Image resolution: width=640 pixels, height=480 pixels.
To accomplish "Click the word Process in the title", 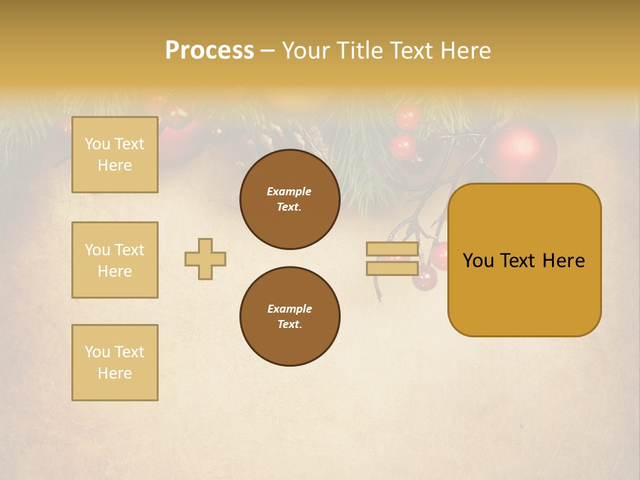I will [209, 51].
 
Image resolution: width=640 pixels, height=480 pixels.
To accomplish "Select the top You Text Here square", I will [115, 155].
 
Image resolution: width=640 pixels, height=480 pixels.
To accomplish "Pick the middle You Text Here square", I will [115, 260].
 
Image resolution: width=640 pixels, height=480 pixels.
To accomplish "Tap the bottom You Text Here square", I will [115, 363].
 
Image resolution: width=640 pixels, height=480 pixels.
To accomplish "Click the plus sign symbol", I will [205, 259].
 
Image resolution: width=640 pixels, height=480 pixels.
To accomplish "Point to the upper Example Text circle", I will [289, 199].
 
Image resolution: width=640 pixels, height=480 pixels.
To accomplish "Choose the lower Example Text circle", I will [289, 317].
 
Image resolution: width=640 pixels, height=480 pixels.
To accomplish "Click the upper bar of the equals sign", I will [392, 249].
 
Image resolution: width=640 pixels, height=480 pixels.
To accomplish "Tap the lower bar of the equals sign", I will [392, 269].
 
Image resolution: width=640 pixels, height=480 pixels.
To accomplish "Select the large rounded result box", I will [524, 260].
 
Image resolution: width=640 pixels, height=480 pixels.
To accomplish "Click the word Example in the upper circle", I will [289, 191].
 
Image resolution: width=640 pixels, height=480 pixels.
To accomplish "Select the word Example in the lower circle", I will [289, 309].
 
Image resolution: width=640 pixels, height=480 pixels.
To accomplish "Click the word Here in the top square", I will [115, 165].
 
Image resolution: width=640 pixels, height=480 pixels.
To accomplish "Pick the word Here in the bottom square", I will [115, 373].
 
